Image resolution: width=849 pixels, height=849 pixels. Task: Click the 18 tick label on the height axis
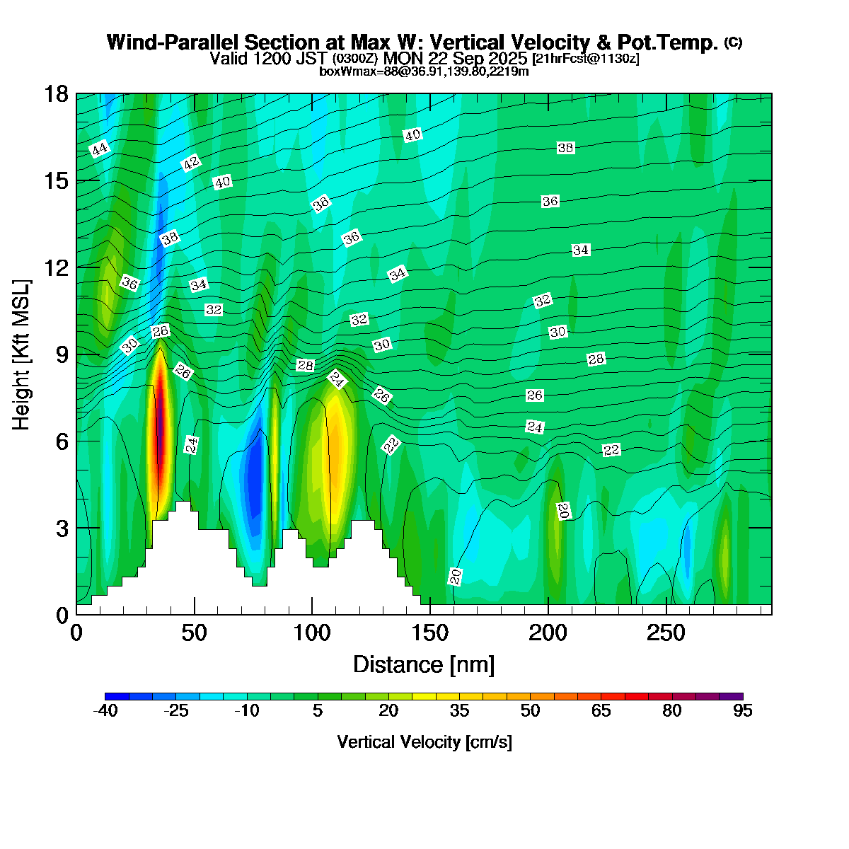57,94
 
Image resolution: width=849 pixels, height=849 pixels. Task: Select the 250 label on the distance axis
666,632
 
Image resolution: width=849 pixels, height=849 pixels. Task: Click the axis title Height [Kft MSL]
22,354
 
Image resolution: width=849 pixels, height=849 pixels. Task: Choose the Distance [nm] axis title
424,664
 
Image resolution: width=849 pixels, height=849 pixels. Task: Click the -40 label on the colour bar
105,711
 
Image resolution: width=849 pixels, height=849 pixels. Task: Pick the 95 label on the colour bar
742,711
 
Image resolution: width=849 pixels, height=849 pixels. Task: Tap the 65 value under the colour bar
601,711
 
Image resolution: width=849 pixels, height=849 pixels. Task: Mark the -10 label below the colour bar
246,711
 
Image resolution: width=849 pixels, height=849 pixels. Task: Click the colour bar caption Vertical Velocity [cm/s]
424,742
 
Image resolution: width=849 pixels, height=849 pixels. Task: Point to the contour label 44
100,149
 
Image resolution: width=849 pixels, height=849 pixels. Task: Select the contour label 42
191,163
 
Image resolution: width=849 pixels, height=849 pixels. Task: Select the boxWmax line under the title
424,71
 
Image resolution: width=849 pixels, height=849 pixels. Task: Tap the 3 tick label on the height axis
62,528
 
